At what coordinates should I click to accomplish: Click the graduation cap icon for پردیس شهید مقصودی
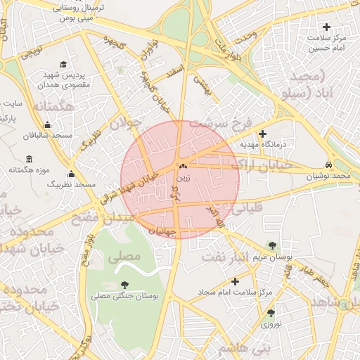point(65,64)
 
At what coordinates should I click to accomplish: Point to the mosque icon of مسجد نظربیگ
point(70,174)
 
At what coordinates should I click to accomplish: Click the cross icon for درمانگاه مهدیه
point(263,134)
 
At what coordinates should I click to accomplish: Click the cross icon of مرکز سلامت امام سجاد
point(235,281)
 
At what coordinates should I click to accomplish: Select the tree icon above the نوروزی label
point(271,313)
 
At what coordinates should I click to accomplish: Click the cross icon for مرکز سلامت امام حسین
point(326,27)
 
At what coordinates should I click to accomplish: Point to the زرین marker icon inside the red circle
point(183,167)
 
